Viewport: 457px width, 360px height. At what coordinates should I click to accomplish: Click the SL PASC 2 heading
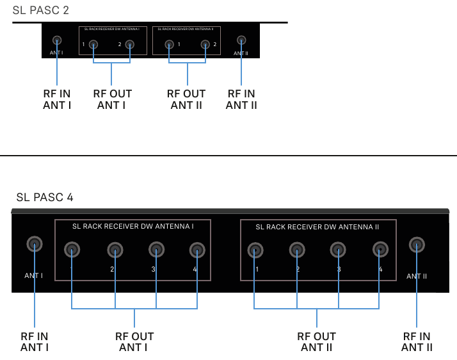pyautogui.click(x=40, y=10)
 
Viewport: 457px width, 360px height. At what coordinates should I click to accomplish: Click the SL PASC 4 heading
pyautogui.click(x=45, y=197)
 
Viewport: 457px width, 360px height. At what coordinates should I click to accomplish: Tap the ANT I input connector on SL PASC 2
pyautogui.click(x=57, y=40)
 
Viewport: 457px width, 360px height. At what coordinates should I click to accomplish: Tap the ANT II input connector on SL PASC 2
pyautogui.click(x=241, y=40)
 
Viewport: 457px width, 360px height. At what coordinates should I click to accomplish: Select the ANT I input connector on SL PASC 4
pyautogui.click(x=34, y=244)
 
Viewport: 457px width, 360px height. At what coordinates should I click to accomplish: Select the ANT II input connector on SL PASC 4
pyautogui.click(x=417, y=245)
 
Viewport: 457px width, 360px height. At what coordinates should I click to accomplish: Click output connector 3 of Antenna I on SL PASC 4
pyautogui.click(x=156, y=249)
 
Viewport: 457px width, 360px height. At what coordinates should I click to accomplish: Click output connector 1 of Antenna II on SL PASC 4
pyautogui.click(x=255, y=249)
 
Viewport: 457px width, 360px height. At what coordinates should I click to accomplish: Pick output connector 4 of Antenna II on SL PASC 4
pyautogui.click(x=380, y=249)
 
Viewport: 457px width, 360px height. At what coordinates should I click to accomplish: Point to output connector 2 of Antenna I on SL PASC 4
pyautogui.click(x=115, y=249)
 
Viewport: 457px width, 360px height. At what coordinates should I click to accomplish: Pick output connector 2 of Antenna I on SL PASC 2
pyautogui.click(x=130, y=44)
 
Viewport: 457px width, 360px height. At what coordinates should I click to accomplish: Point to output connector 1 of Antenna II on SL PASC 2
pyautogui.click(x=169, y=44)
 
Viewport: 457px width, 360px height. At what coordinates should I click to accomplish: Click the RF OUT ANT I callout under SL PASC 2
pyautogui.click(x=112, y=99)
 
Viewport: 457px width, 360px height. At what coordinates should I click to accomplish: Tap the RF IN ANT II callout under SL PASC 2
pyautogui.click(x=241, y=99)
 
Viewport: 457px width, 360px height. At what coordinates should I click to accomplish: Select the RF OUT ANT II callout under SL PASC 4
pyautogui.click(x=316, y=341)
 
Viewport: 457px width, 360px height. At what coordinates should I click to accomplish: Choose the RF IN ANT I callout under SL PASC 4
pyautogui.click(x=35, y=341)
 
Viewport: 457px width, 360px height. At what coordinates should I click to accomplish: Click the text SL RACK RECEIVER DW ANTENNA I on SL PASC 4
pyautogui.click(x=132, y=226)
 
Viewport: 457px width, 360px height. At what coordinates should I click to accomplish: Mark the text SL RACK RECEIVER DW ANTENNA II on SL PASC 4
pyautogui.click(x=317, y=227)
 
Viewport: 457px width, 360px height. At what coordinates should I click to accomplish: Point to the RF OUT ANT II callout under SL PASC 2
pyautogui.click(x=186, y=99)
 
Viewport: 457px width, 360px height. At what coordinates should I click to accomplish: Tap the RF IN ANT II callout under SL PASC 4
pyautogui.click(x=417, y=341)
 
